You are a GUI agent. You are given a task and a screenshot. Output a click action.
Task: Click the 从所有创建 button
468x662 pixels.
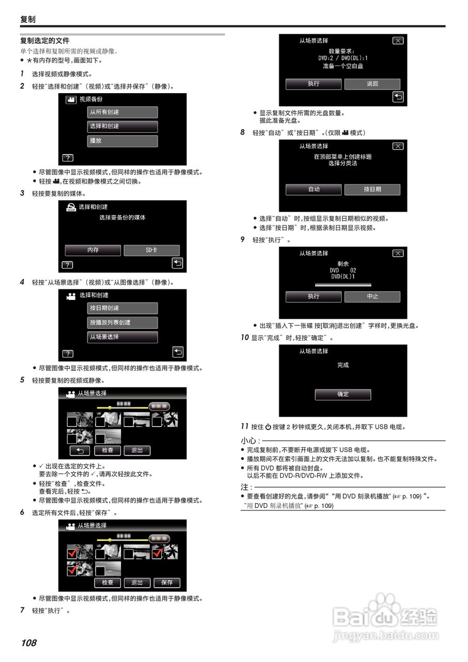[122, 112]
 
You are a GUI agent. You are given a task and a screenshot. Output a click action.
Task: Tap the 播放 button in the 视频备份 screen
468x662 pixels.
[122, 141]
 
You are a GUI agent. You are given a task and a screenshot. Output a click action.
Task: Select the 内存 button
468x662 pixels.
[93, 250]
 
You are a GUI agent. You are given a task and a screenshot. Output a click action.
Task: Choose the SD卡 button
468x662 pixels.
[152, 250]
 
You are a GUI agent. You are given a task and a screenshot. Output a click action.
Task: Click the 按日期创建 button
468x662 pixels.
[122, 308]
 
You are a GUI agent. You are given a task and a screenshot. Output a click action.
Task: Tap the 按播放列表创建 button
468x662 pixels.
[122, 323]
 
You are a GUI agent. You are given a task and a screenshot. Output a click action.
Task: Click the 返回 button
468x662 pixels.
[372, 84]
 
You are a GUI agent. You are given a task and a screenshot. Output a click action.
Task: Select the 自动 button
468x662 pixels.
[313, 189]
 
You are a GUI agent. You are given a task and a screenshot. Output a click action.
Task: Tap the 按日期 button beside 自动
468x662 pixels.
[372, 189]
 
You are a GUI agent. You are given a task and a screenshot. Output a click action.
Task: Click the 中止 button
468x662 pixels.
[372, 296]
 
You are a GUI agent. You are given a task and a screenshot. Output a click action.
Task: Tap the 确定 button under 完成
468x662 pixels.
[343, 394]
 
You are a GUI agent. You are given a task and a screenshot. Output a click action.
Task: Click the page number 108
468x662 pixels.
[29, 643]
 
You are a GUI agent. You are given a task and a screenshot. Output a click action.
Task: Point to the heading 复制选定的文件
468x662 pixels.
[45, 40]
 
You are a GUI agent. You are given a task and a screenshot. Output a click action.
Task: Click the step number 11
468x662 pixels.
[245, 426]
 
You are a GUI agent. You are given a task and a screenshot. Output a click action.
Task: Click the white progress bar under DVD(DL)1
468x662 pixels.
[343, 284]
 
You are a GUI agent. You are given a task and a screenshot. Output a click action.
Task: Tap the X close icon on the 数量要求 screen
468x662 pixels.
[397, 40]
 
